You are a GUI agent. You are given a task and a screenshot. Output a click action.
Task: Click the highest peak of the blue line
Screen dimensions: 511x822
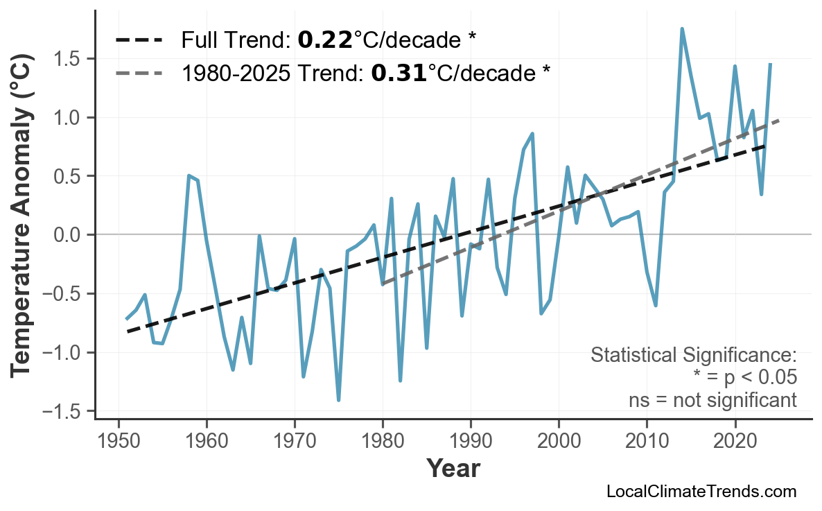coord(682,29)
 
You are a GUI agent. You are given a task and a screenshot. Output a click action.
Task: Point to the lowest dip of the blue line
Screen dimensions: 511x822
coord(338,400)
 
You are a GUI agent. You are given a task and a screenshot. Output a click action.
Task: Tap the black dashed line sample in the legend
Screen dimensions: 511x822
coord(139,40)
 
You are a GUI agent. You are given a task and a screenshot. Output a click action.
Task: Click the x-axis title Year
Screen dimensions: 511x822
coord(453,469)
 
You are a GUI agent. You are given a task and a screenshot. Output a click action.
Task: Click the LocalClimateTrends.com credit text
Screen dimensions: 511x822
coord(701,492)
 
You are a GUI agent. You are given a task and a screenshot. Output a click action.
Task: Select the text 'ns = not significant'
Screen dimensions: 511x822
coord(712,400)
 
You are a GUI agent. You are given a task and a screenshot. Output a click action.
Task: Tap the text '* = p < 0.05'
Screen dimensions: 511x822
coord(744,378)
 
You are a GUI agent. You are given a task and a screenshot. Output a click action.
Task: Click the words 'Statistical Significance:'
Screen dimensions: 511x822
coord(693,356)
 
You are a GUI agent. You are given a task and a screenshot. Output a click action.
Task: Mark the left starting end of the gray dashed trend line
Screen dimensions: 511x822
coord(383,284)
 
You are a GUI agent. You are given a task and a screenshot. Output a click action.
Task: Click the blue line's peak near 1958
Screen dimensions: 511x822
coord(189,176)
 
